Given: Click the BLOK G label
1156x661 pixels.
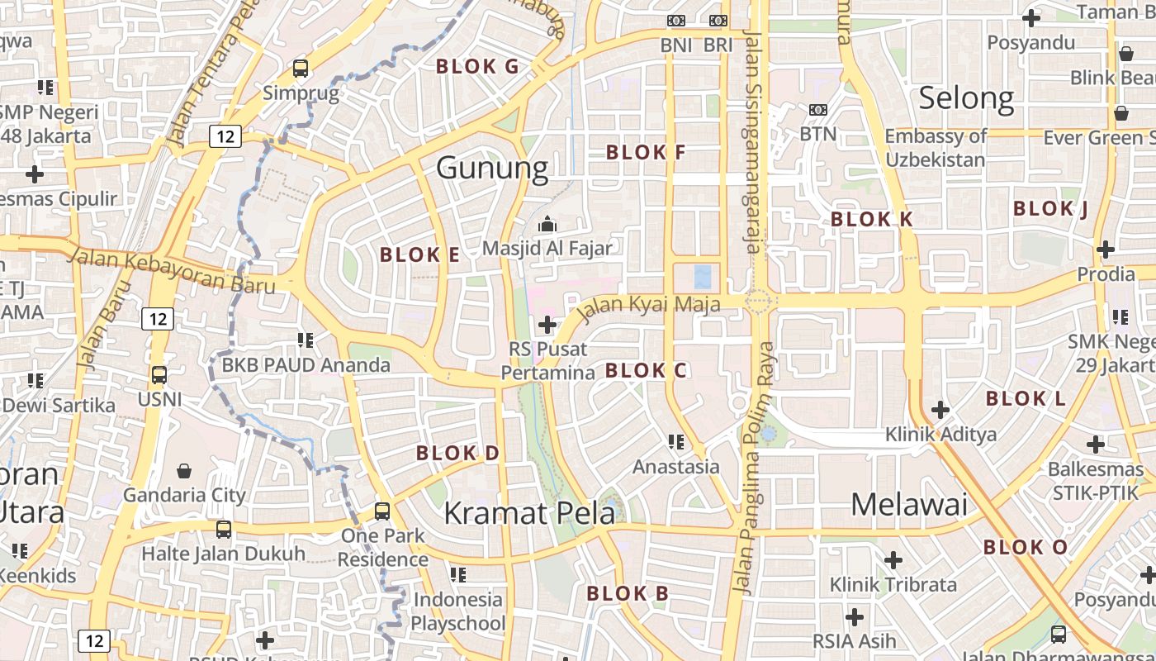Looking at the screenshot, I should (477, 67).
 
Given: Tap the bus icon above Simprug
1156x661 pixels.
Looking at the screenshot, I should (301, 68).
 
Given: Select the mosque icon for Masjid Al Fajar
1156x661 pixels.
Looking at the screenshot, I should (547, 224).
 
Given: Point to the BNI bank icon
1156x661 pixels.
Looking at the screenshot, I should (676, 21).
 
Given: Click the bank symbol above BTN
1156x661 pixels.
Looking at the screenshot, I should (817, 109).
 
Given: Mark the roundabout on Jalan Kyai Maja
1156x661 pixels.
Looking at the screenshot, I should (760, 302).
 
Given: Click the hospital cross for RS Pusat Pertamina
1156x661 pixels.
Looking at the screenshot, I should (547, 325).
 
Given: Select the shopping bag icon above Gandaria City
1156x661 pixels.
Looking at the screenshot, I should (184, 471).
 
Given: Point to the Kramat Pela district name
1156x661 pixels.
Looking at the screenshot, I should (529, 513).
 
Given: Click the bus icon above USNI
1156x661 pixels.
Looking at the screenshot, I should (159, 374).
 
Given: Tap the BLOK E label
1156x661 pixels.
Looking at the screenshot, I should (419, 254).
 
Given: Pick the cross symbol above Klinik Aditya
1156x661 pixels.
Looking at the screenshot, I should (940, 409).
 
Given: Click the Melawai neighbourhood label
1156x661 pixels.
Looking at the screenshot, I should (908, 504).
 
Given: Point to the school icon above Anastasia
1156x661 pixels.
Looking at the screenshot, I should (676, 442).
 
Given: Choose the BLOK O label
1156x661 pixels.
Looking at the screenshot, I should (1026, 547).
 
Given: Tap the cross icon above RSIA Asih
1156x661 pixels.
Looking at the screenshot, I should (855, 617).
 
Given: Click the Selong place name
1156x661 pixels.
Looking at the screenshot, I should (966, 98).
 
